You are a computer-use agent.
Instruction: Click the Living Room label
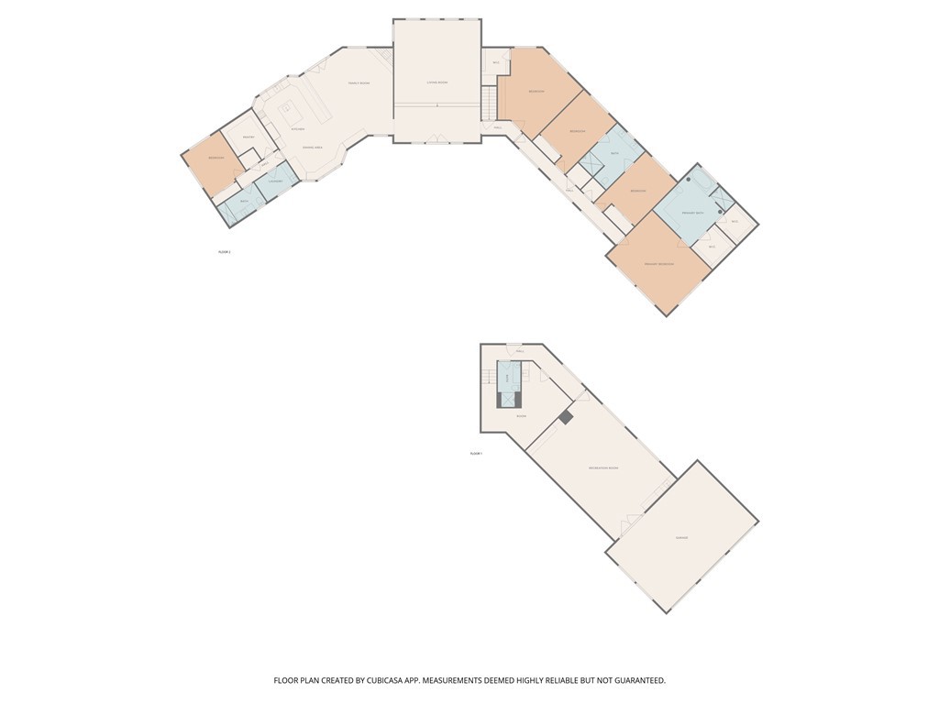click(436, 82)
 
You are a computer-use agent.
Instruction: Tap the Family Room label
click(359, 83)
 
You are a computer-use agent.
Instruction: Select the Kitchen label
click(297, 129)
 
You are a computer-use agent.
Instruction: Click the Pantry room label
click(248, 137)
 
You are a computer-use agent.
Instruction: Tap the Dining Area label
click(313, 148)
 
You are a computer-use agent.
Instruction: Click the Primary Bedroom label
click(659, 264)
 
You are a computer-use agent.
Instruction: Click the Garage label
click(681, 537)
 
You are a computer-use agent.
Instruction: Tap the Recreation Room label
click(602, 468)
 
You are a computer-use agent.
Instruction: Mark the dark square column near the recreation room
click(566, 417)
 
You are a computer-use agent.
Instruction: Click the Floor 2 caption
click(224, 251)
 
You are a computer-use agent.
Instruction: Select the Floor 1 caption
click(476, 453)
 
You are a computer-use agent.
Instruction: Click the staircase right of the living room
click(491, 102)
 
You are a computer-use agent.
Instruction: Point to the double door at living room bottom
click(437, 140)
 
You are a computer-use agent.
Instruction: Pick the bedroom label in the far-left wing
click(216, 158)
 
